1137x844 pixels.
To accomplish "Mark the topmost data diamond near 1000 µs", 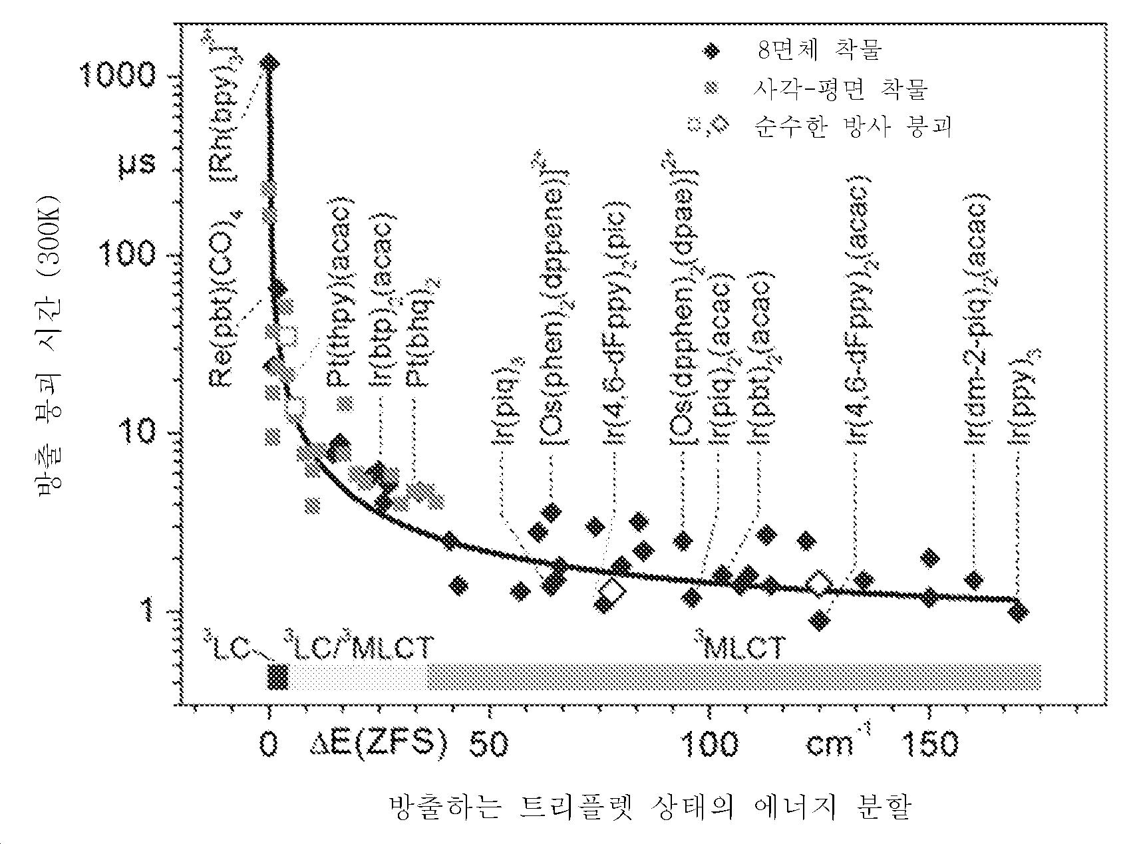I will point(269,63).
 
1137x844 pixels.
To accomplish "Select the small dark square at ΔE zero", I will point(277,676).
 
